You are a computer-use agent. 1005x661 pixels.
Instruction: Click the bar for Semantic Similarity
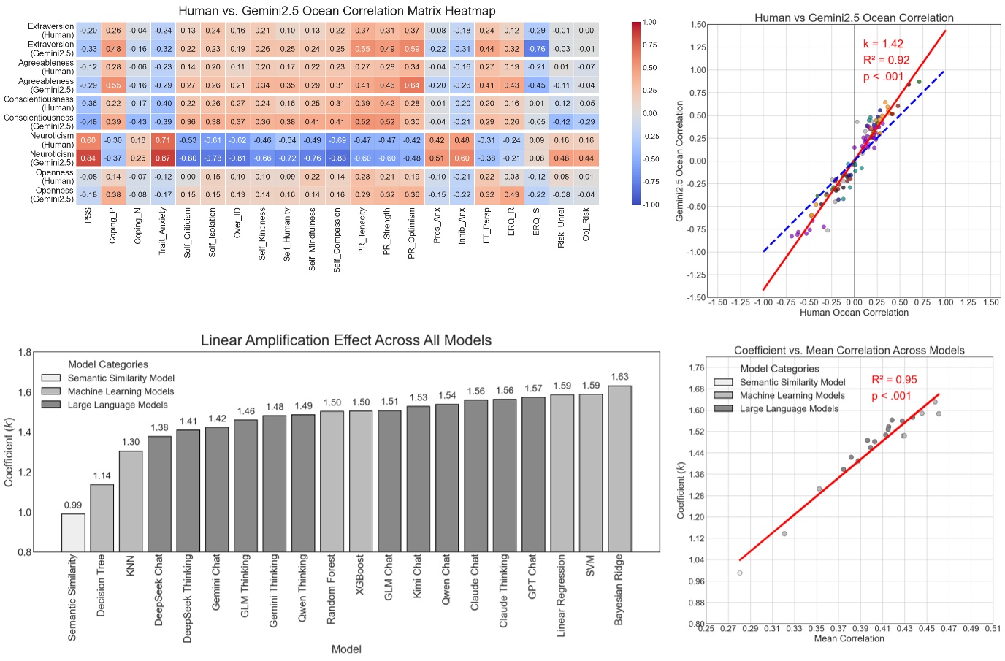pyautogui.click(x=73, y=532)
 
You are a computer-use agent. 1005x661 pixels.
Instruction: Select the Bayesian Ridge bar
pyautogui.click(x=619, y=468)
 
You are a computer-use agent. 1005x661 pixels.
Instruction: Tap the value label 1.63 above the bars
pyautogui.click(x=619, y=377)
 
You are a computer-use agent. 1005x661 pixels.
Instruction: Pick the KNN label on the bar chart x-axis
pyautogui.click(x=131, y=565)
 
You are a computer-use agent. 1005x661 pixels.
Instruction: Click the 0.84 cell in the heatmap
pyautogui.click(x=88, y=158)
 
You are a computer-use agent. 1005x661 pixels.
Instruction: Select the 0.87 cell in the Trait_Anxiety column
pyautogui.click(x=164, y=158)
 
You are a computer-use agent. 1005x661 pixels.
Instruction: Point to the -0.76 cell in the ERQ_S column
pyautogui.click(x=537, y=49)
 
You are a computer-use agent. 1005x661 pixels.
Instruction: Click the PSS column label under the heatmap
pyautogui.click(x=88, y=215)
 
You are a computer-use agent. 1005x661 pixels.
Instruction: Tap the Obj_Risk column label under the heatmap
pyautogui.click(x=586, y=224)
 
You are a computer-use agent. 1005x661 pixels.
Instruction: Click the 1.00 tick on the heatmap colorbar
pyautogui.click(x=649, y=23)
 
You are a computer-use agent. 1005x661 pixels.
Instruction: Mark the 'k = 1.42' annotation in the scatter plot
pyautogui.click(x=883, y=44)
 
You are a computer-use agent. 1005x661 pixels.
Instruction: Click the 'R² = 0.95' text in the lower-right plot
pyautogui.click(x=894, y=380)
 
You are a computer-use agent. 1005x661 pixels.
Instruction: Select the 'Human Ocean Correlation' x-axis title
pyautogui.click(x=854, y=313)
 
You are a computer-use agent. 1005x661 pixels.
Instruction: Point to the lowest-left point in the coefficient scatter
pyautogui.click(x=740, y=573)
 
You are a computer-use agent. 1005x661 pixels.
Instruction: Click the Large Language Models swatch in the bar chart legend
pyautogui.click(x=51, y=405)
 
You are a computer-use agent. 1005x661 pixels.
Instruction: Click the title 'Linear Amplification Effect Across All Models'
pyautogui.click(x=346, y=340)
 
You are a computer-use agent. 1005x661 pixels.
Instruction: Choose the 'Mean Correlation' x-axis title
pyautogui.click(x=849, y=638)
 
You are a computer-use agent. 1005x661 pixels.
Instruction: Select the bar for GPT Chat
pyautogui.click(x=533, y=474)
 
